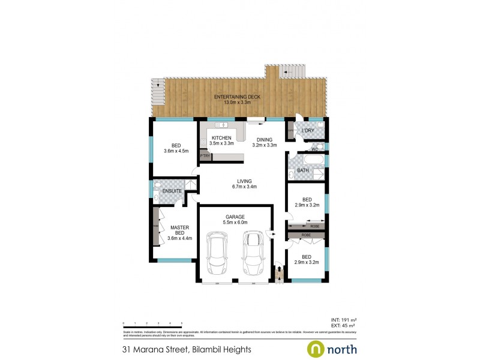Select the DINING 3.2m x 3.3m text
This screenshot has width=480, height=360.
(265, 142)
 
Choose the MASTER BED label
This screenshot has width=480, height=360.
(180, 231)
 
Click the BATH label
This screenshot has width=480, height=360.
(304, 170)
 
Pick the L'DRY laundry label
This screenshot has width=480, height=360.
(308, 131)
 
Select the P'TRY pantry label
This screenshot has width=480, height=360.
(205, 157)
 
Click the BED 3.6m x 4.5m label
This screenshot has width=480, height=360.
(176, 148)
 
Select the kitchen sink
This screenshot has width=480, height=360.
(222, 125)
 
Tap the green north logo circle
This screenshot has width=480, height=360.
(316, 349)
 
